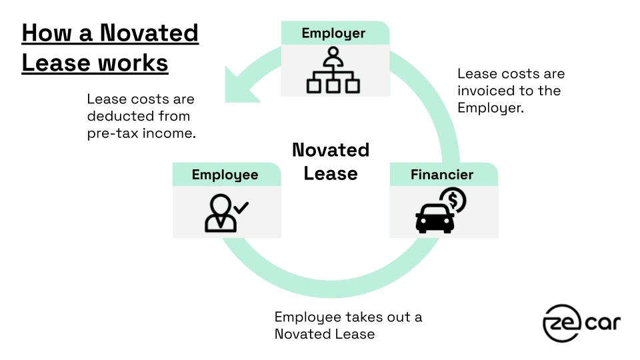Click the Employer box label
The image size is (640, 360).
tap(333, 33)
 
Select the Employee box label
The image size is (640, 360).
tap(225, 175)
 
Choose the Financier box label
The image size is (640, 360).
tap(442, 175)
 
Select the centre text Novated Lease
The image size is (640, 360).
tap(331, 162)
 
